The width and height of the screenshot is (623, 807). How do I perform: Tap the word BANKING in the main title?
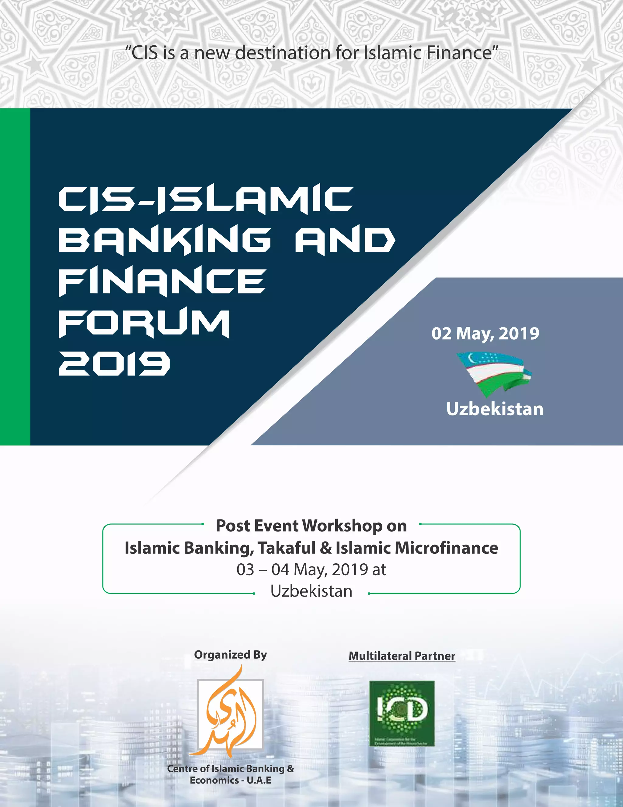[165, 241]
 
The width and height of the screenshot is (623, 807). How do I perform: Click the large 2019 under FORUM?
[114, 364]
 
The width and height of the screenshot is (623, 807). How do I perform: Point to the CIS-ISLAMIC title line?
[206, 200]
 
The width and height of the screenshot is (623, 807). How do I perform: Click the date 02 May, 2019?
[485, 333]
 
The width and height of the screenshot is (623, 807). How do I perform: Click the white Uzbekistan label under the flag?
[495, 409]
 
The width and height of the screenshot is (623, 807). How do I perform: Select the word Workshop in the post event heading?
[342, 526]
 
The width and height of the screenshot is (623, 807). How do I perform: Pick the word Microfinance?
[447, 548]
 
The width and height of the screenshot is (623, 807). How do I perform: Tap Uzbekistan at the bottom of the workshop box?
[311, 591]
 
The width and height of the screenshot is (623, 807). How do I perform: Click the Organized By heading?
[230, 655]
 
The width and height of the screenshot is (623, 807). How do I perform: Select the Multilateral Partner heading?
[402, 656]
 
